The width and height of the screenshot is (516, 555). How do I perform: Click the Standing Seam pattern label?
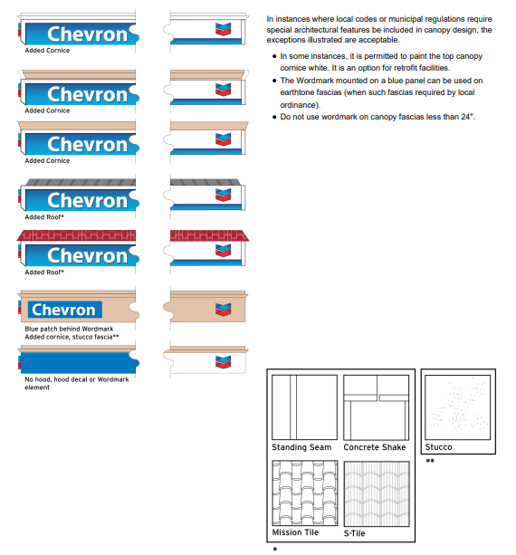point(301,447)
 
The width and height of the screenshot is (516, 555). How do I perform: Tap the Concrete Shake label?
point(375,447)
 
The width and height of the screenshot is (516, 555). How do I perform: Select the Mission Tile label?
point(294,533)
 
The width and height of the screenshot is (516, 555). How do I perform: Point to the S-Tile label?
point(355,533)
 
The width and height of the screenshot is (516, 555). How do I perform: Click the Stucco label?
point(438,447)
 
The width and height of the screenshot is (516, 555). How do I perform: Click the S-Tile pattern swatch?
point(376,493)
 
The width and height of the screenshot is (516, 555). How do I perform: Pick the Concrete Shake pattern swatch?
point(376,407)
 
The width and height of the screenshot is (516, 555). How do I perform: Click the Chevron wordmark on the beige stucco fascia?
point(63,310)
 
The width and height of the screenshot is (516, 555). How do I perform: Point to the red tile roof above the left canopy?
point(77,235)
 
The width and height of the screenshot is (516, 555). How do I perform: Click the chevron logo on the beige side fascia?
point(223,309)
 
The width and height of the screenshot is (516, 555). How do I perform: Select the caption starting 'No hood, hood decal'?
point(76,379)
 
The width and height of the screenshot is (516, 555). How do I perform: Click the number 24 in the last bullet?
point(467,117)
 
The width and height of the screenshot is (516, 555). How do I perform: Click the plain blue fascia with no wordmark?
point(77,361)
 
